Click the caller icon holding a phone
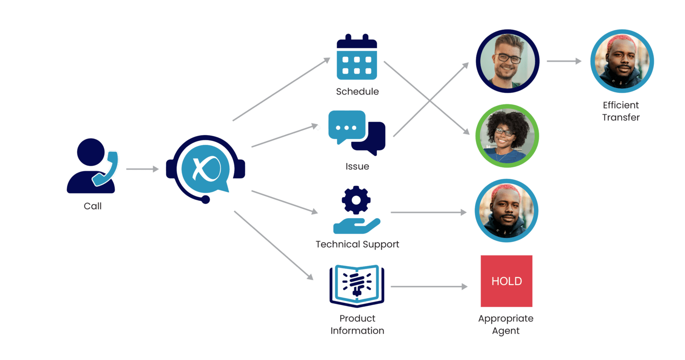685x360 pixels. (91, 166)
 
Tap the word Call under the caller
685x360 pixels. (92, 206)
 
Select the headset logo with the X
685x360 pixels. (206, 169)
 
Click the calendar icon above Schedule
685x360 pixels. (357, 58)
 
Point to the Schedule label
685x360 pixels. (357, 91)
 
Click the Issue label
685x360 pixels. (357, 166)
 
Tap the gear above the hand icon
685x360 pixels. (356, 200)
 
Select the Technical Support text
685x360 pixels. (357, 244)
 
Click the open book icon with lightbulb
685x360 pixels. (356, 286)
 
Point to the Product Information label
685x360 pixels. (357, 324)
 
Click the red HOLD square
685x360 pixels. (506, 281)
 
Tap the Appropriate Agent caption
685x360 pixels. (506, 324)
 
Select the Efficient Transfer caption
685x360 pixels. (621, 111)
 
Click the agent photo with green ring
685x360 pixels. (507, 136)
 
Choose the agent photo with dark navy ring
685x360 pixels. (508, 61)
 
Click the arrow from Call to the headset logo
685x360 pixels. (142, 169)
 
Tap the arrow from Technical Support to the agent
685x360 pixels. (429, 213)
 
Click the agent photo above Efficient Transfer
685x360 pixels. (622, 61)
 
